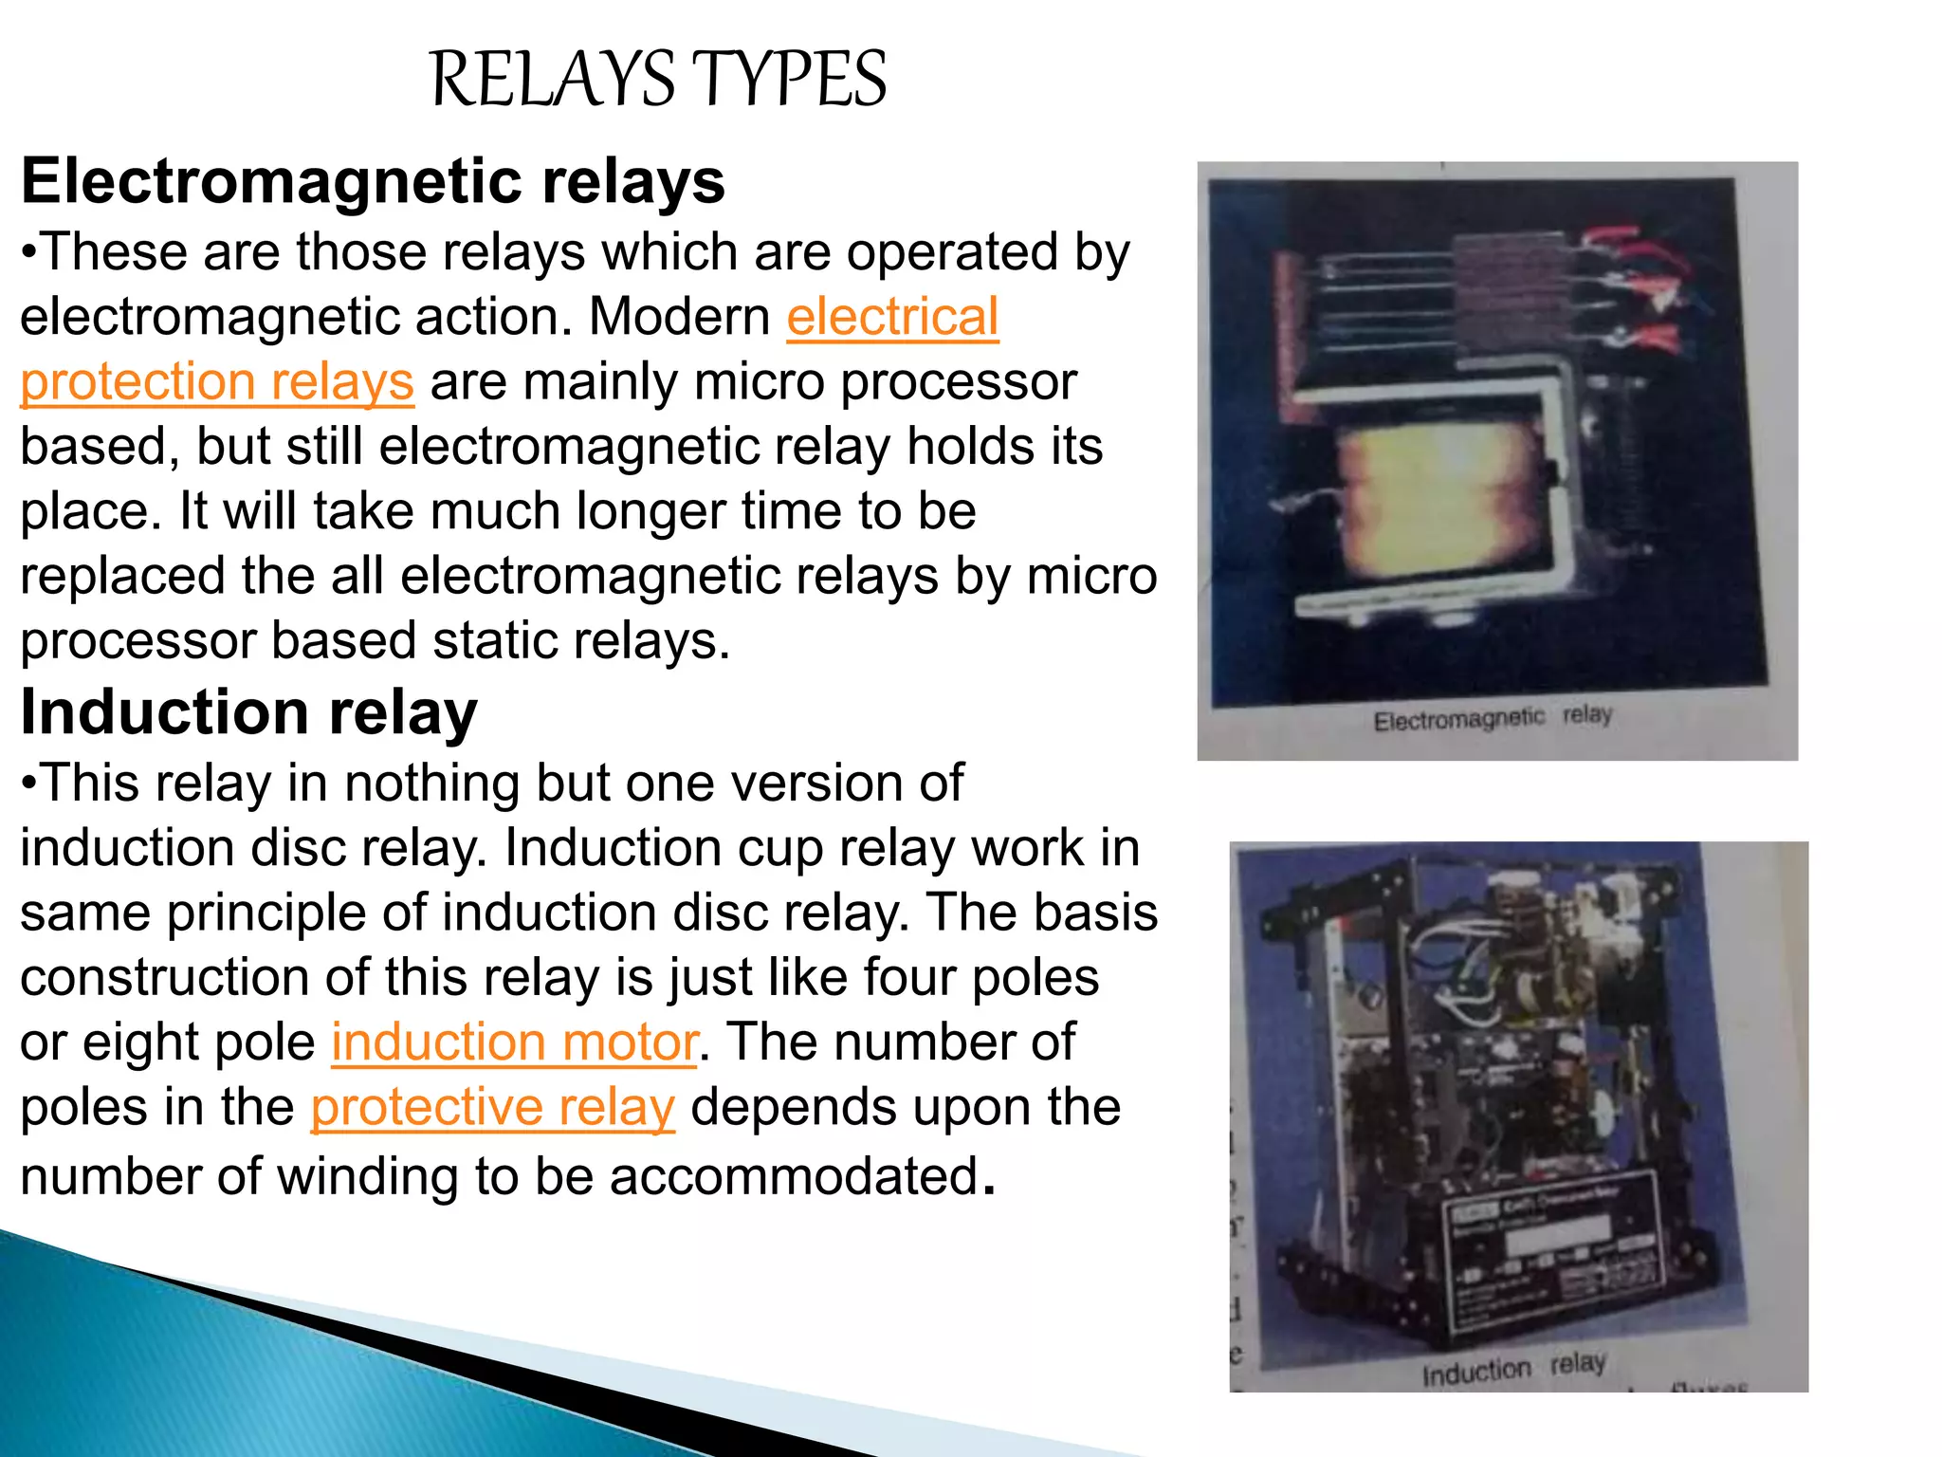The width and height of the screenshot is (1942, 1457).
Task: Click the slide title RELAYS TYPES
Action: pos(658,80)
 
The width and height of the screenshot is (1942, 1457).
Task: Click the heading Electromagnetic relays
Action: pos(373,181)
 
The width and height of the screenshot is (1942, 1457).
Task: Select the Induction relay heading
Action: pos(248,712)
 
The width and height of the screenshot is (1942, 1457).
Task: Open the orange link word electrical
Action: pos(892,317)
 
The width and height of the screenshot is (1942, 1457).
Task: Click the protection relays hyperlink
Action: pos(217,381)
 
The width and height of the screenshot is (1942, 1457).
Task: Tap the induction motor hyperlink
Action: pos(514,1042)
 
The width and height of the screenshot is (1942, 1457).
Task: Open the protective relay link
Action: pos(492,1107)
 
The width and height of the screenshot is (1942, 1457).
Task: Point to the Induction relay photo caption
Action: pos(1513,1368)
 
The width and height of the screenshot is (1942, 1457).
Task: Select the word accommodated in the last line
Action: pos(793,1177)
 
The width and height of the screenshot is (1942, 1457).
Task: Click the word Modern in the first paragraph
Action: pos(679,317)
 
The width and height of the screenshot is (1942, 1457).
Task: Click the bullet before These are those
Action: pos(29,253)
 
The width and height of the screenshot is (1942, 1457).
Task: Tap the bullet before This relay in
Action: pos(29,784)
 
